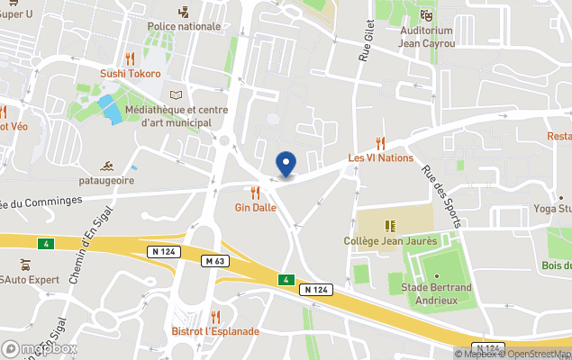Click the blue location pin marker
tap(286, 165)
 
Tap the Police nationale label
tap(184, 26)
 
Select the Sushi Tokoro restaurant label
tap(131, 74)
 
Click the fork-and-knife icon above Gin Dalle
tap(255, 192)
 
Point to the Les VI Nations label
tap(380, 157)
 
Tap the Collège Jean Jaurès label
tap(390, 240)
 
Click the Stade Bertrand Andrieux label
tap(437, 293)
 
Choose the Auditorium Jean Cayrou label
tap(426, 37)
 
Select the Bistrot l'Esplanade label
tap(215, 331)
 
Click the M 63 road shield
tap(213, 261)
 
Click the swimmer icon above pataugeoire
tap(107, 166)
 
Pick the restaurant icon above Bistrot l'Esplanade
tap(215, 316)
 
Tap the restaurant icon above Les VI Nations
tap(380, 142)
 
